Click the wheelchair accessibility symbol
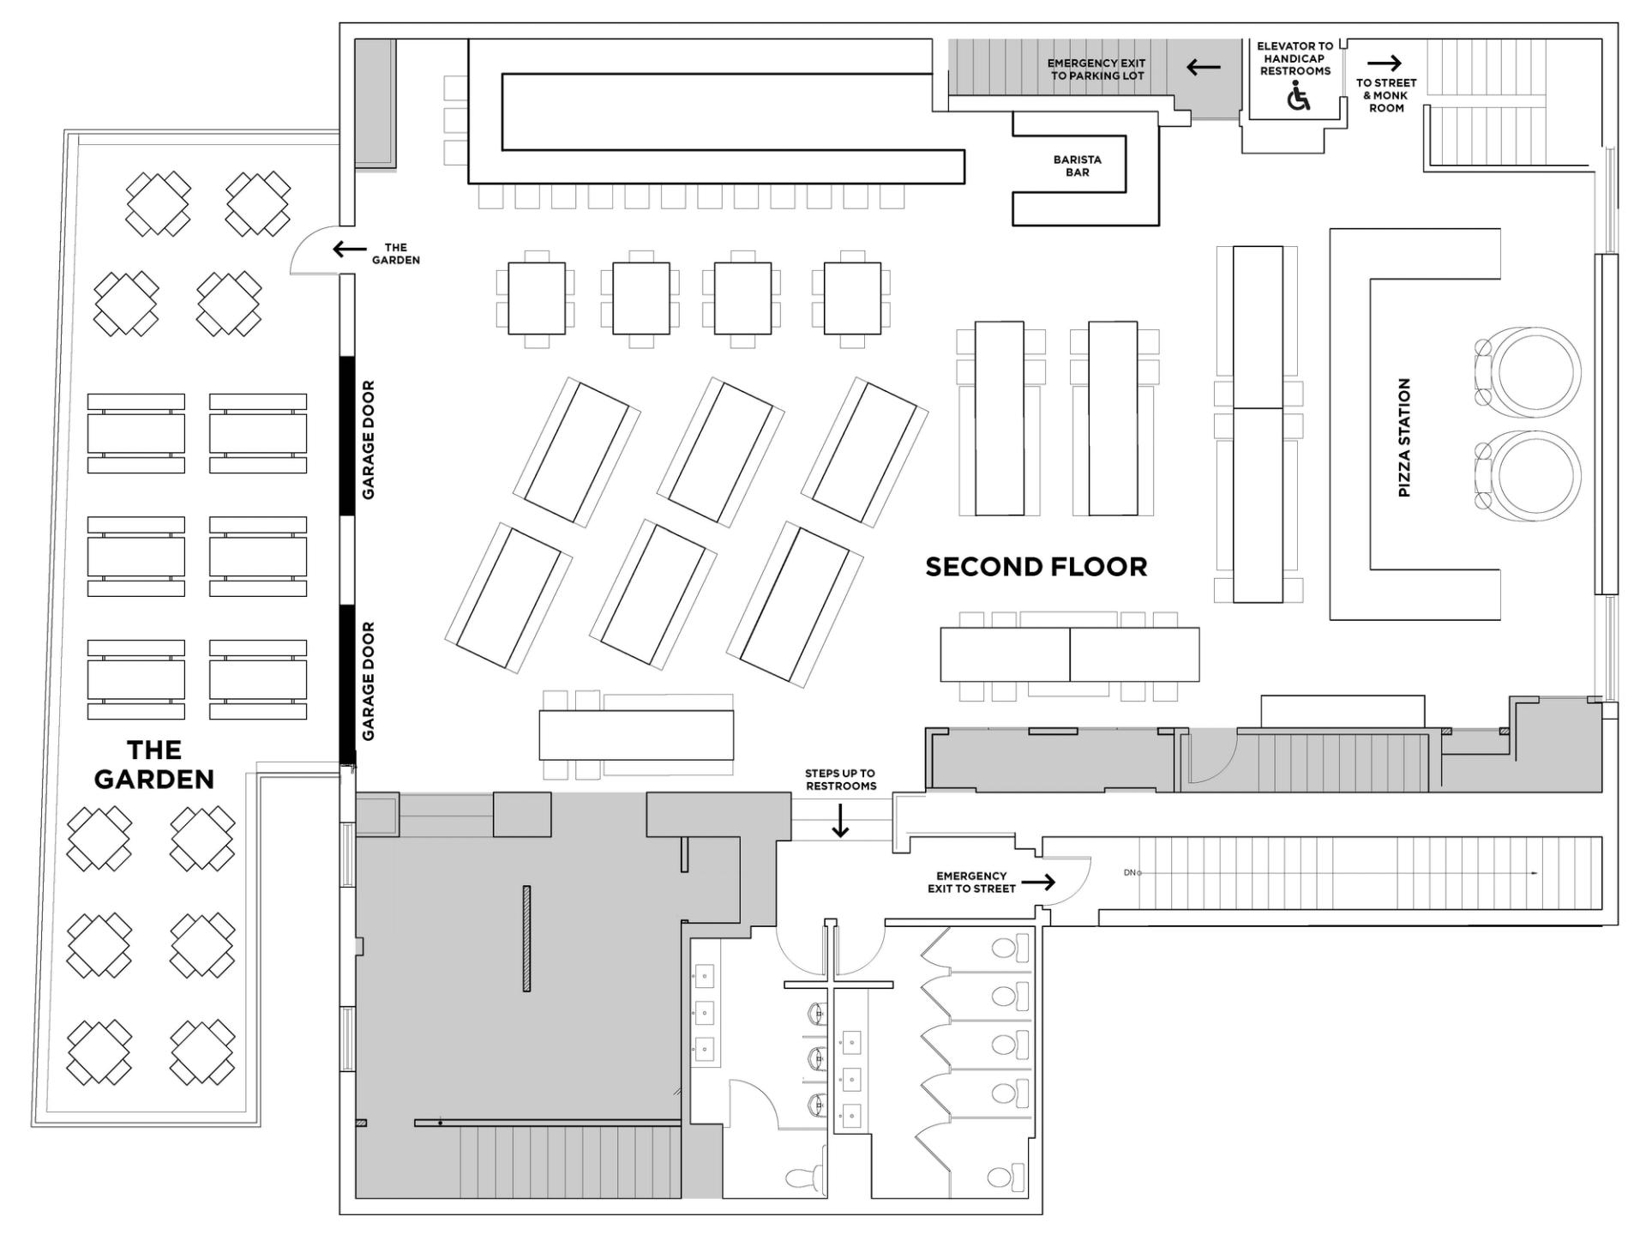click(1299, 97)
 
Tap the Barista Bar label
click(1077, 166)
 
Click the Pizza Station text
click(1404, 437)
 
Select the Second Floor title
click(1036, 567)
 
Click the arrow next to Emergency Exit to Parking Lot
click(1203, 67)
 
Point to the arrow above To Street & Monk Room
click(1384, 63)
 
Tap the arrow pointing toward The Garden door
click(349, 249)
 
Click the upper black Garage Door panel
click(347, 436)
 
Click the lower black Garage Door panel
click(347, 683)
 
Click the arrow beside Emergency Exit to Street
click(1038, 882)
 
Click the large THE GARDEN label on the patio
click(154, 764)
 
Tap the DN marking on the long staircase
click(1130, 873)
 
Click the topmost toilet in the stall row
click(1008, 948)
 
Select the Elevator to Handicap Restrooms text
click(1295, 58)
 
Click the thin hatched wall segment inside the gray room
click(526, 938)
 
